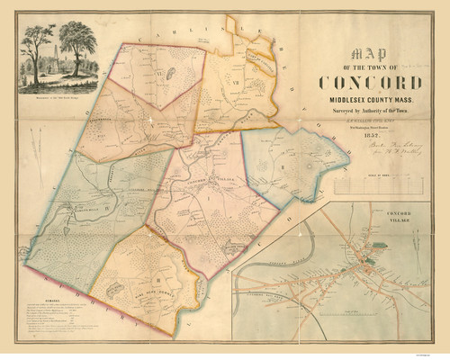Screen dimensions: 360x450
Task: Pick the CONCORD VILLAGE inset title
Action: point(411,214)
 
